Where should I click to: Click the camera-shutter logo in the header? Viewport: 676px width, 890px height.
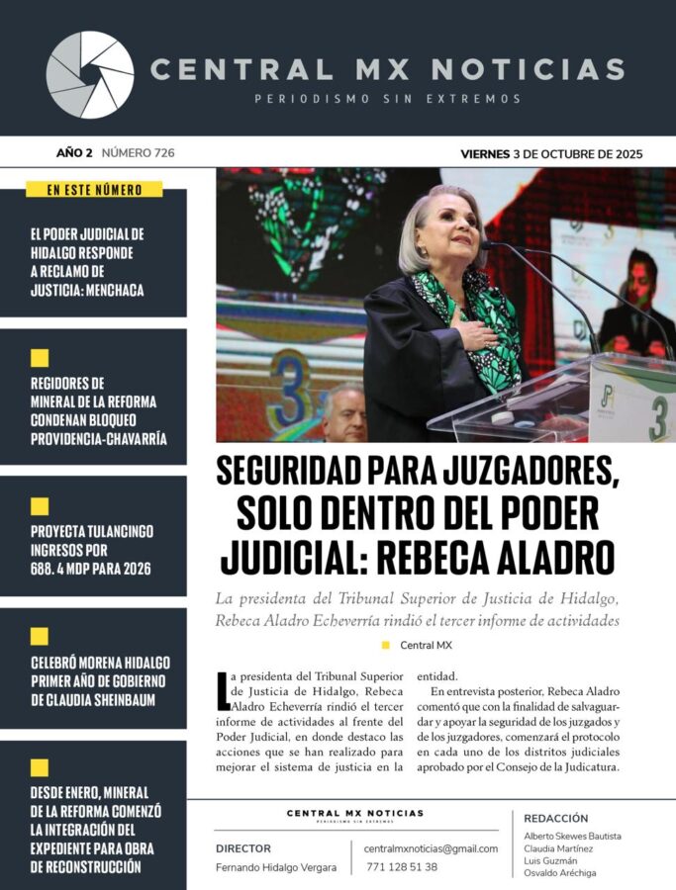coord(90,75)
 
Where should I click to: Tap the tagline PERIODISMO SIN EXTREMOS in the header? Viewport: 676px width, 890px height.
coord(387,99)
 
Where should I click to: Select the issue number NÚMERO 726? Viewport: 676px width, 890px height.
coord(139,153)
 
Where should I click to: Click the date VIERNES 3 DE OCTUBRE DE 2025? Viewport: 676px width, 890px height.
coord(551,153)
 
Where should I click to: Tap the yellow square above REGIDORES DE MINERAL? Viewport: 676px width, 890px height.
coord(40,358)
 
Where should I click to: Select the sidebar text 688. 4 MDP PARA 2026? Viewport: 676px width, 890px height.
coord(91,569)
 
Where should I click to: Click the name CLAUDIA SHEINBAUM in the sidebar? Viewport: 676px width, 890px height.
coord(97,700)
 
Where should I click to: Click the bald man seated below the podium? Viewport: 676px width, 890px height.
coord(343,412)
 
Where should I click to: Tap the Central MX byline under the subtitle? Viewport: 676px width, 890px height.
coord(423,645)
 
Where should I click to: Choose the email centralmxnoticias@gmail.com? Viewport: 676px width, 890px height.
coord(431,848)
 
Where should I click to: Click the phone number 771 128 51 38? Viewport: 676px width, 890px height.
coord(402,866)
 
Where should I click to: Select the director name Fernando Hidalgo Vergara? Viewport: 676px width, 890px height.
coord(276,867)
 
